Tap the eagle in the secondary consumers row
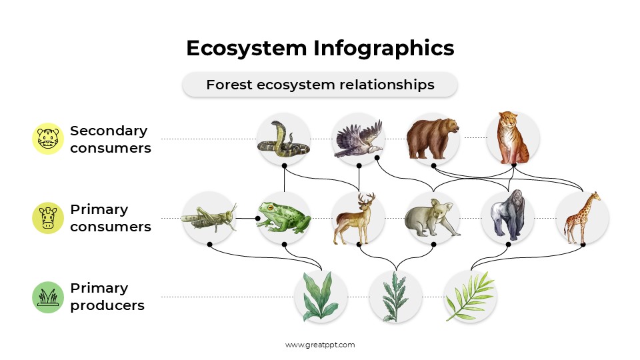click(x=359, y=139)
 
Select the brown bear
click(x=433, y=139)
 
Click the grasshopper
click(x=209, y=217)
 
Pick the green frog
click(x=284, y=217)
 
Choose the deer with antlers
click(x=358, y=218)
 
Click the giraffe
click(x=582, y=217)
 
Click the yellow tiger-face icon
click(x=48, y=139)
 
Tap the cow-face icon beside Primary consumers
click(x=48, y=218)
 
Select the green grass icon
click(x=48, y=297)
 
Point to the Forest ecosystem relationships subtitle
click(x=320, y=85)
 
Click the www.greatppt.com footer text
click(x=320, y=345)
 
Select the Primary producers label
click(x=107, y=297)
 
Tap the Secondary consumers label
click(x=110, y=139)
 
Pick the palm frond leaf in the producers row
click(x=470, y=296)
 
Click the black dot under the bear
click(x=433, y=165)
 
